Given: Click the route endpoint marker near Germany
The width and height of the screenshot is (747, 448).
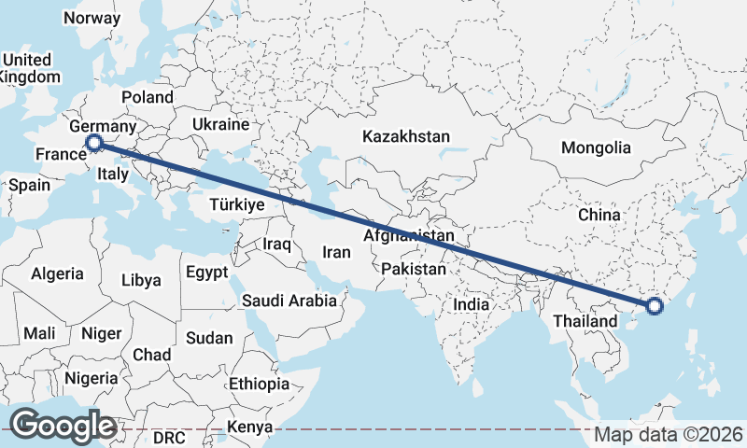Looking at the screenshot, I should point(94,143).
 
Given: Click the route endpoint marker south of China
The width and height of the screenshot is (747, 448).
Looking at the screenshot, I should point(654,305).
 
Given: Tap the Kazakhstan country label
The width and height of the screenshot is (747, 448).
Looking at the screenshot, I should point(406,135).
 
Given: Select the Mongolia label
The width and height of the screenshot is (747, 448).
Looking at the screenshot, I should point(596,147).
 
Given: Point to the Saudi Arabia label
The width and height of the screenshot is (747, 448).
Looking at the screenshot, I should point(289,301).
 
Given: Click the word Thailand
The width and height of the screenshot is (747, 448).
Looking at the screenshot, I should point(585,321).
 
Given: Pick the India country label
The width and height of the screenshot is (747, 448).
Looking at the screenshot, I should point(472,304).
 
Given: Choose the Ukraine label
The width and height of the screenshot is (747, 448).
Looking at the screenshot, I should point(220,124).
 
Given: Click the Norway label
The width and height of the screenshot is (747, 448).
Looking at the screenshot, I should point(92,18).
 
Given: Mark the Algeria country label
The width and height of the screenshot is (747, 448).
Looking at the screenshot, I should point(58,274).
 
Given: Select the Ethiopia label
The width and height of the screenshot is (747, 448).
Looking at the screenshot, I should point(259,384).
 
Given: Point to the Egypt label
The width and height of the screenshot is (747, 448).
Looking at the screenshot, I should point(207,273).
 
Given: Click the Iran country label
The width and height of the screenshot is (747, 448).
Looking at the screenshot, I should point(336,252).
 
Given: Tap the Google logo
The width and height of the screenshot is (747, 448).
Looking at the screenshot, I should point(63,426).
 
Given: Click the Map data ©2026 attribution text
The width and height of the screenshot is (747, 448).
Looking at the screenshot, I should point(669,435).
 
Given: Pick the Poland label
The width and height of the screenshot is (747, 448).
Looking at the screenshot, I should point(147,97).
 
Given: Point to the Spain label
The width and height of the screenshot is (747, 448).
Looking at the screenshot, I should point(29,185).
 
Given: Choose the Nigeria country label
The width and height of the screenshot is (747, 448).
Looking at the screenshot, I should point(92,378).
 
